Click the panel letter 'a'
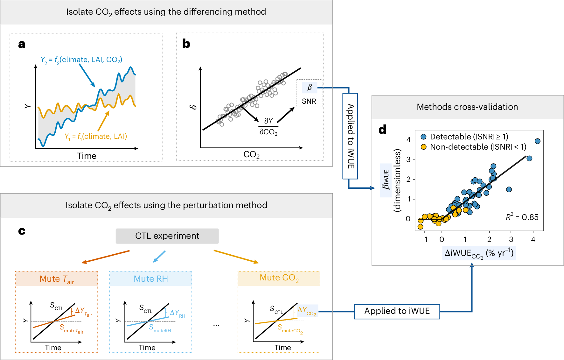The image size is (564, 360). coord(22,44)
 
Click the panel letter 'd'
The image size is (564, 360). coord(382,130)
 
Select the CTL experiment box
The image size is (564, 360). coord(167,236)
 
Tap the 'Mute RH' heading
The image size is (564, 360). coord(150,279)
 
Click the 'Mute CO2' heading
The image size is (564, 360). coord(279,278)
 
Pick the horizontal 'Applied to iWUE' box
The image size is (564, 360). coord(397,311)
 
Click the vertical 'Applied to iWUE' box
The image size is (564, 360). coord(350,136)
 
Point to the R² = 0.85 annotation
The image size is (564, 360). coord(522,217)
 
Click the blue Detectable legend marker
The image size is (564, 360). coord(423,137)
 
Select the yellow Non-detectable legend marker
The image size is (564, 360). coord(423,147)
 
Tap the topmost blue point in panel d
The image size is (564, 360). coord(538,141)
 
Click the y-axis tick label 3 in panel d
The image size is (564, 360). coord(408,159)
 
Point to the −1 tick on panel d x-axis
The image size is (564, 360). coord(424,239)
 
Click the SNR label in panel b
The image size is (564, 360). coord(309,101)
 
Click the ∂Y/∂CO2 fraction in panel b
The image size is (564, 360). coord(268,126)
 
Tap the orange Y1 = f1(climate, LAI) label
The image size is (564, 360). coord(96,137)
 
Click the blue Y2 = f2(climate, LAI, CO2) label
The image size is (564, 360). coord(81,60)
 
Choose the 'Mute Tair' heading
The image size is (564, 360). coord(57,279)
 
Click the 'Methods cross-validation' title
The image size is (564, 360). coord(467,107)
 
